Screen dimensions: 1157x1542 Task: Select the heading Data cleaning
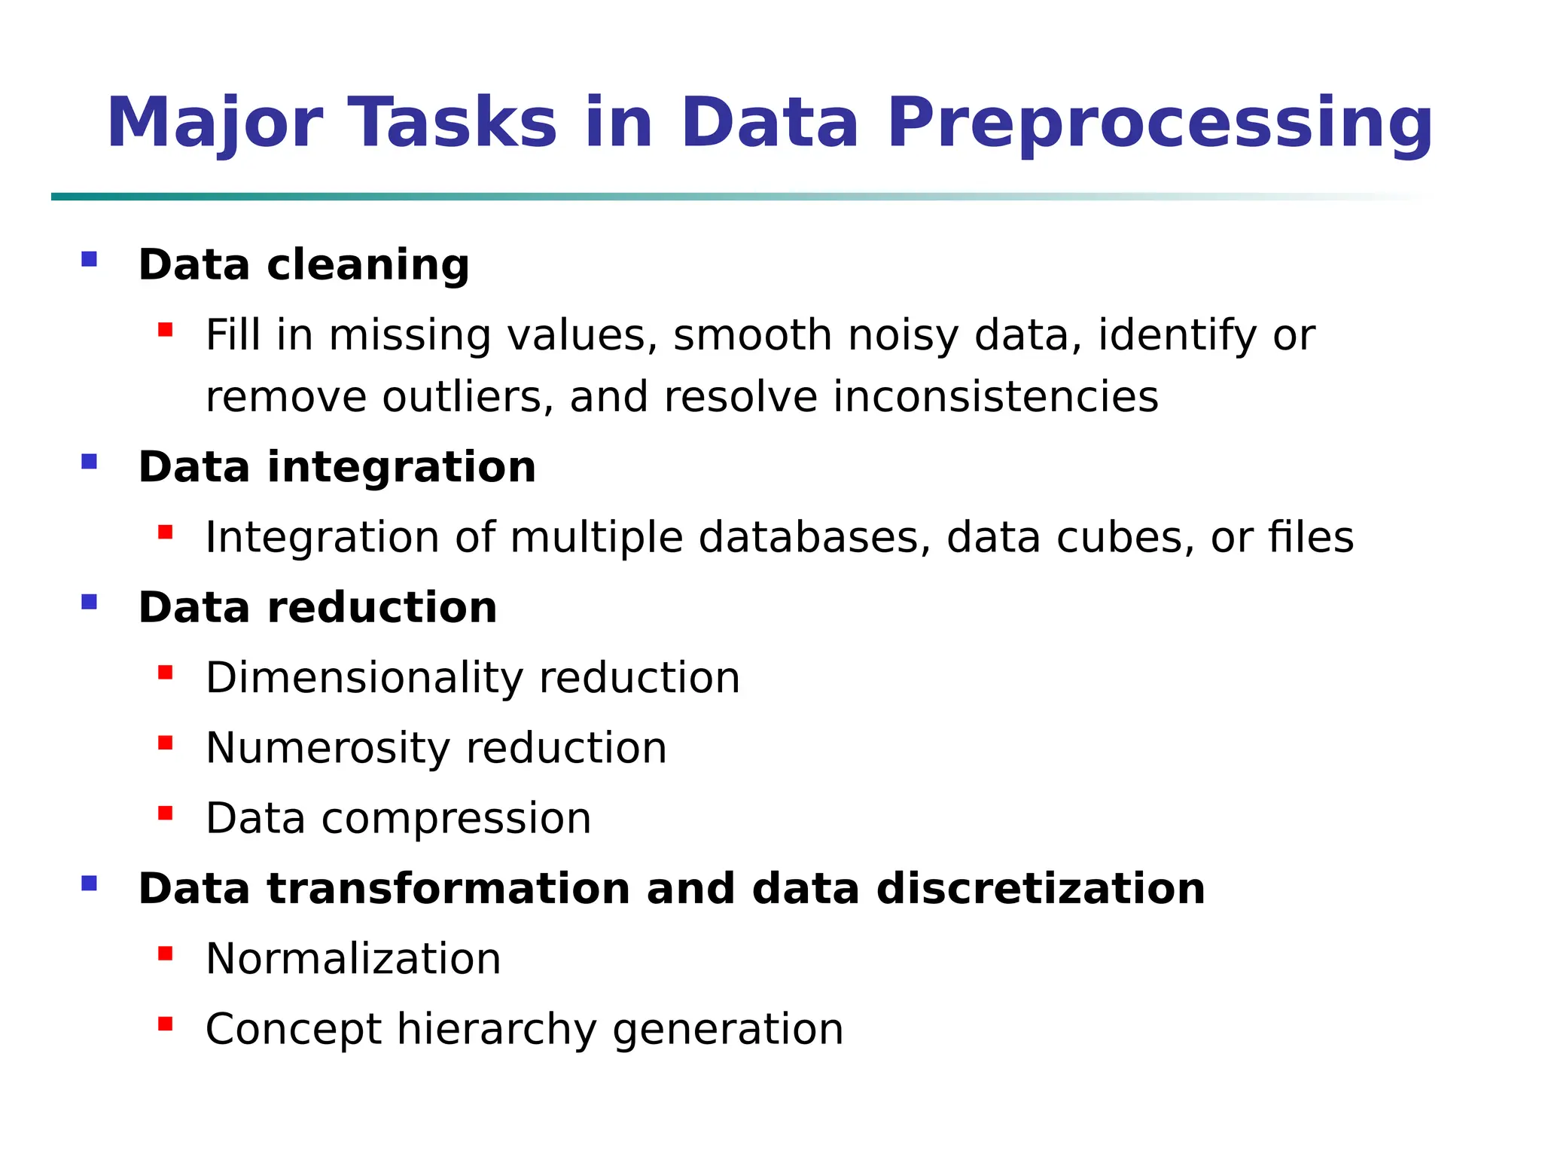303,265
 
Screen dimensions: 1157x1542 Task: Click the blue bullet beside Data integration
90,461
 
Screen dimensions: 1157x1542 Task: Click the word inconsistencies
995,397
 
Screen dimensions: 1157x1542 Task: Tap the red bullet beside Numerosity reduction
166,743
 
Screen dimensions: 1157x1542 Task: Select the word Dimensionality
364,678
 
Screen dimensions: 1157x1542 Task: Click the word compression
456,819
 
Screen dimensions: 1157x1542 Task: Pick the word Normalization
353,959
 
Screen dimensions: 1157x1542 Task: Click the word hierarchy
496,1030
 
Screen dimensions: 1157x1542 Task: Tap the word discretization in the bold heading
1041,888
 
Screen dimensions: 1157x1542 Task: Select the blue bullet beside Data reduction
90,602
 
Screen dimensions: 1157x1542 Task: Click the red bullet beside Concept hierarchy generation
166,1024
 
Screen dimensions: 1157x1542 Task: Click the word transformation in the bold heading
448,888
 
